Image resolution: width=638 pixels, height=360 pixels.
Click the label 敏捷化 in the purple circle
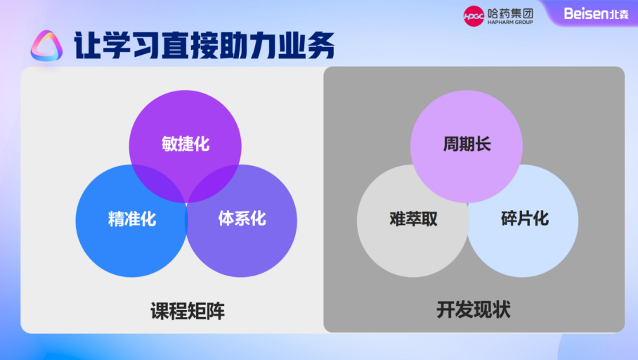tap(185, 145)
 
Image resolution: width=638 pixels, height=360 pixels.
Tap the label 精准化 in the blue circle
tap(131, 219)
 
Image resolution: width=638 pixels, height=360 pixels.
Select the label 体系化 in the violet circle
tap(242, 218)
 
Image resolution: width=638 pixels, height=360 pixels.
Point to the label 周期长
tap(467, 145)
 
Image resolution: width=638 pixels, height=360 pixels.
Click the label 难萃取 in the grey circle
tap(413, 219)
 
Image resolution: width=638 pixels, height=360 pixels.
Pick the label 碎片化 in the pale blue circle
tap(524, 218)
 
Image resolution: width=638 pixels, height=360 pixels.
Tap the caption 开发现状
tap(473, 309)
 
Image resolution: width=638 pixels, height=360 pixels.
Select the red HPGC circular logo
tap(474, 15)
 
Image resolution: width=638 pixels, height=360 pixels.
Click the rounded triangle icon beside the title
tap(47, 46)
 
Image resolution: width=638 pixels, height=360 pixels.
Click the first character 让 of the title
tap(85, 46)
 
